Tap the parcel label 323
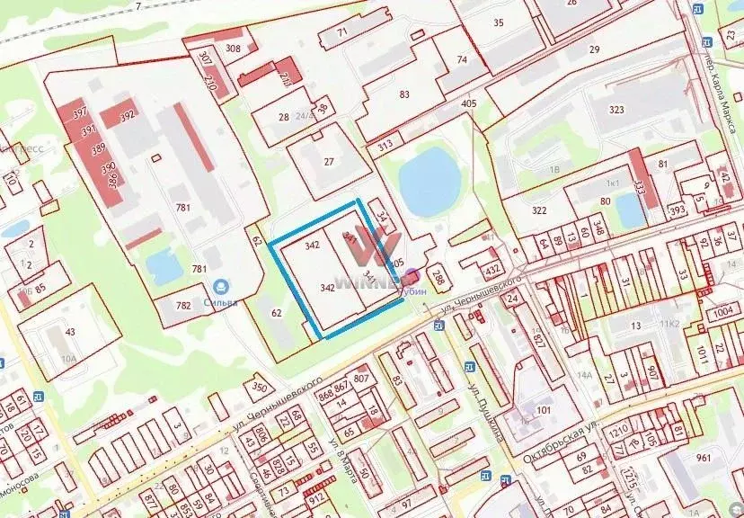(616, 109)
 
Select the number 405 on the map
(468, 103)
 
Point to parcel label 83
(404, 94)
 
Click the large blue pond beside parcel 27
(426, 181)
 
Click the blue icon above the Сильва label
(217, 288)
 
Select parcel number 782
(183, 306)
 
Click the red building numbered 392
(128, 115)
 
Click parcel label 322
(539, 210)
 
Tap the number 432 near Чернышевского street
(492, 268)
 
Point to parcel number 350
(259, 388)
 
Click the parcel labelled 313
(385, 145)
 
